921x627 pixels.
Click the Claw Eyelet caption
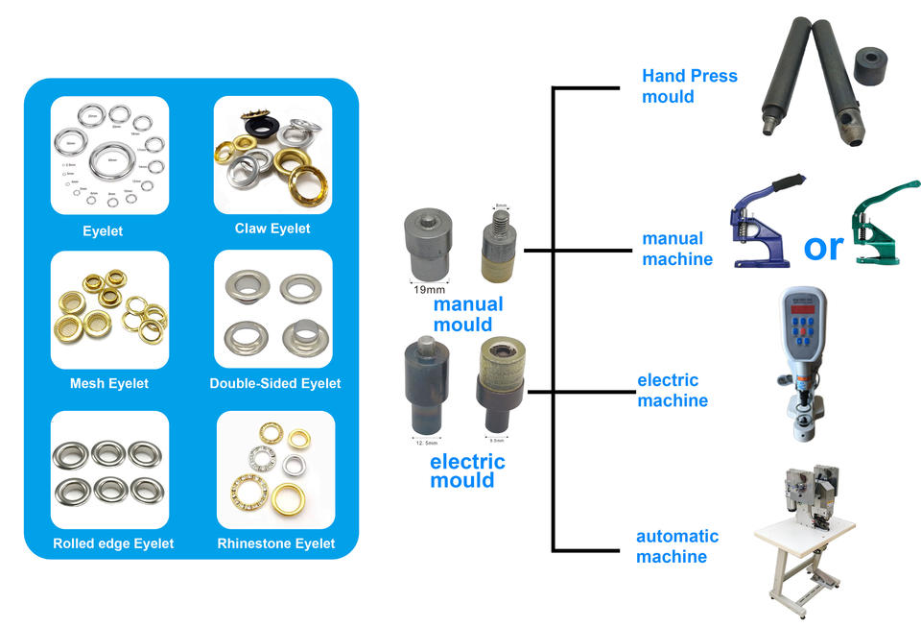coord(272,229)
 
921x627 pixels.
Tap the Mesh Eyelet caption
coord(109,384)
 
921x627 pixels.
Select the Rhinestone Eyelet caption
coord(275,543)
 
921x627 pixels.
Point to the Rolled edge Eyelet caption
coord(113,543)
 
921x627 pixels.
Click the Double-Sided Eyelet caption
coord(275,384)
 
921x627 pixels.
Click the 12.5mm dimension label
coord(425,443)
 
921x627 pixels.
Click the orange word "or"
coord(823,247)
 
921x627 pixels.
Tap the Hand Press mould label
coord(689,85)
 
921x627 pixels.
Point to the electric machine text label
coord(673,391)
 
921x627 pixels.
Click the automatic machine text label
coord(676,546)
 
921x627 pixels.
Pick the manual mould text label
coord(467,314)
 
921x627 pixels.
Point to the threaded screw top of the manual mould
coord(501,219)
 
